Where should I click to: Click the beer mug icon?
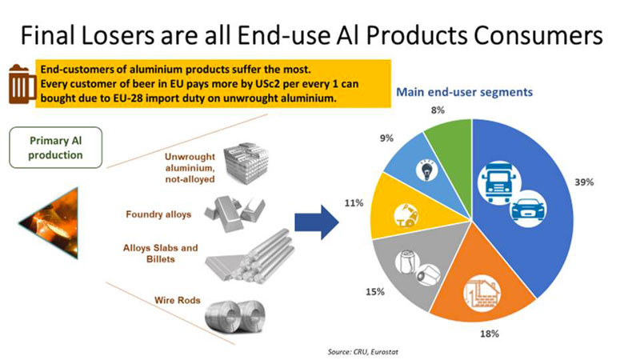(22, 84)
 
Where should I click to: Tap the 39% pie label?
(584, 182)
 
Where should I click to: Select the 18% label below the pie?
(490, 334)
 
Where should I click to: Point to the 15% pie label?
(374, 292)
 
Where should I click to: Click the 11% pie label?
(354, 203)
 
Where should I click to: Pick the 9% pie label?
(386, 138)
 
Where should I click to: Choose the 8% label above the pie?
(437, 110)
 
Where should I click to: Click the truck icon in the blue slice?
(498, 182)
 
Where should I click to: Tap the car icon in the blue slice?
(528, 209)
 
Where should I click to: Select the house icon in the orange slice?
(482, 294)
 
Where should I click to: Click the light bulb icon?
(426, 170)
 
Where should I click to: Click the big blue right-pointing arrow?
(317, 222)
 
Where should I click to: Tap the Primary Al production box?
(55, 148)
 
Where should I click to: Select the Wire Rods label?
(177, 301)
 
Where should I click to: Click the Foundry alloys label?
(158, 214)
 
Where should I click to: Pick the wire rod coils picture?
(235, 317)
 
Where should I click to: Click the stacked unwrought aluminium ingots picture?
(246, 162)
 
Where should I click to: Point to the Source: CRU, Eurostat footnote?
(362, 352)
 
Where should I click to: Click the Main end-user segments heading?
(464, 92)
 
